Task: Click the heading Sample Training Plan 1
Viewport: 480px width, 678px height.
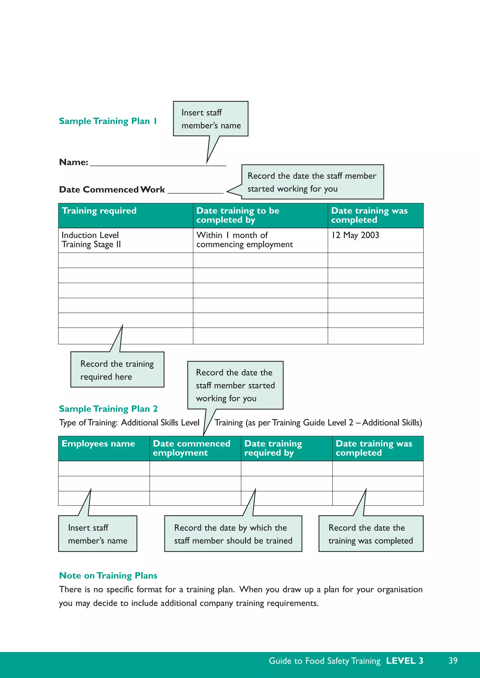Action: click(108, 121)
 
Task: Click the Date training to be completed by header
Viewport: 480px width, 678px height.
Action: click(238, 215)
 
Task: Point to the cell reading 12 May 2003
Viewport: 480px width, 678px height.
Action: click(355, 235)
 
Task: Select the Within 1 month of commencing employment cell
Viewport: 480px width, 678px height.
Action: click(244, 240)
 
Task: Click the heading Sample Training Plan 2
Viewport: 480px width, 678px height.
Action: click(108, 409)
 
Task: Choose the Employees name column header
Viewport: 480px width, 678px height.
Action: click(98, 444)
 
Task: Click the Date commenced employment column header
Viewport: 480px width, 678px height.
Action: click(191, 448)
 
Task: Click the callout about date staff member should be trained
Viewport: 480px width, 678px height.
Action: click(233, 534)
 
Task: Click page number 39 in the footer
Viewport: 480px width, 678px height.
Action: click(453, 661)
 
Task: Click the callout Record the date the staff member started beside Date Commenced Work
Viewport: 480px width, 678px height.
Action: click(312, 182)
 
